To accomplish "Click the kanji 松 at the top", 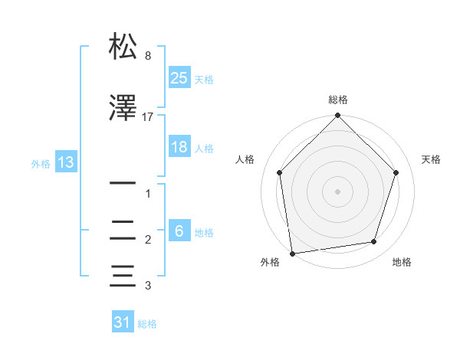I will tap(123, 47).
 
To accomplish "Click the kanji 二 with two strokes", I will tap(123, 231).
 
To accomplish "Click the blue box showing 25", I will tap(179, 78).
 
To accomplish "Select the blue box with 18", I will tap(179, 147).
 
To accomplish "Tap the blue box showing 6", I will tap(179, 231).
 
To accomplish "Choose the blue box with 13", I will tap(65, 162).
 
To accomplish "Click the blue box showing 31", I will tap(123, 322).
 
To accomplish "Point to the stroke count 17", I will tap(148, 116).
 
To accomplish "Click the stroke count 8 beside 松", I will tap(148, 56).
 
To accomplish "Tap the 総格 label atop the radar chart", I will tap(338, 100).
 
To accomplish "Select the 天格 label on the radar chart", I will tap(432, 159).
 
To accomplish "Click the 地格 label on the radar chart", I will tap(402, 262).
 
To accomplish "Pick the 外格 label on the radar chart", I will tap(270, 262).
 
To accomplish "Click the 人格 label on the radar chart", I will tap(245, 159).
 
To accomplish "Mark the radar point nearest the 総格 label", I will tap(338, 116).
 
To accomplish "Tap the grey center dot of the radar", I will tap(338, 191).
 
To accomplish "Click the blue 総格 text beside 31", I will tap(147, 324).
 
